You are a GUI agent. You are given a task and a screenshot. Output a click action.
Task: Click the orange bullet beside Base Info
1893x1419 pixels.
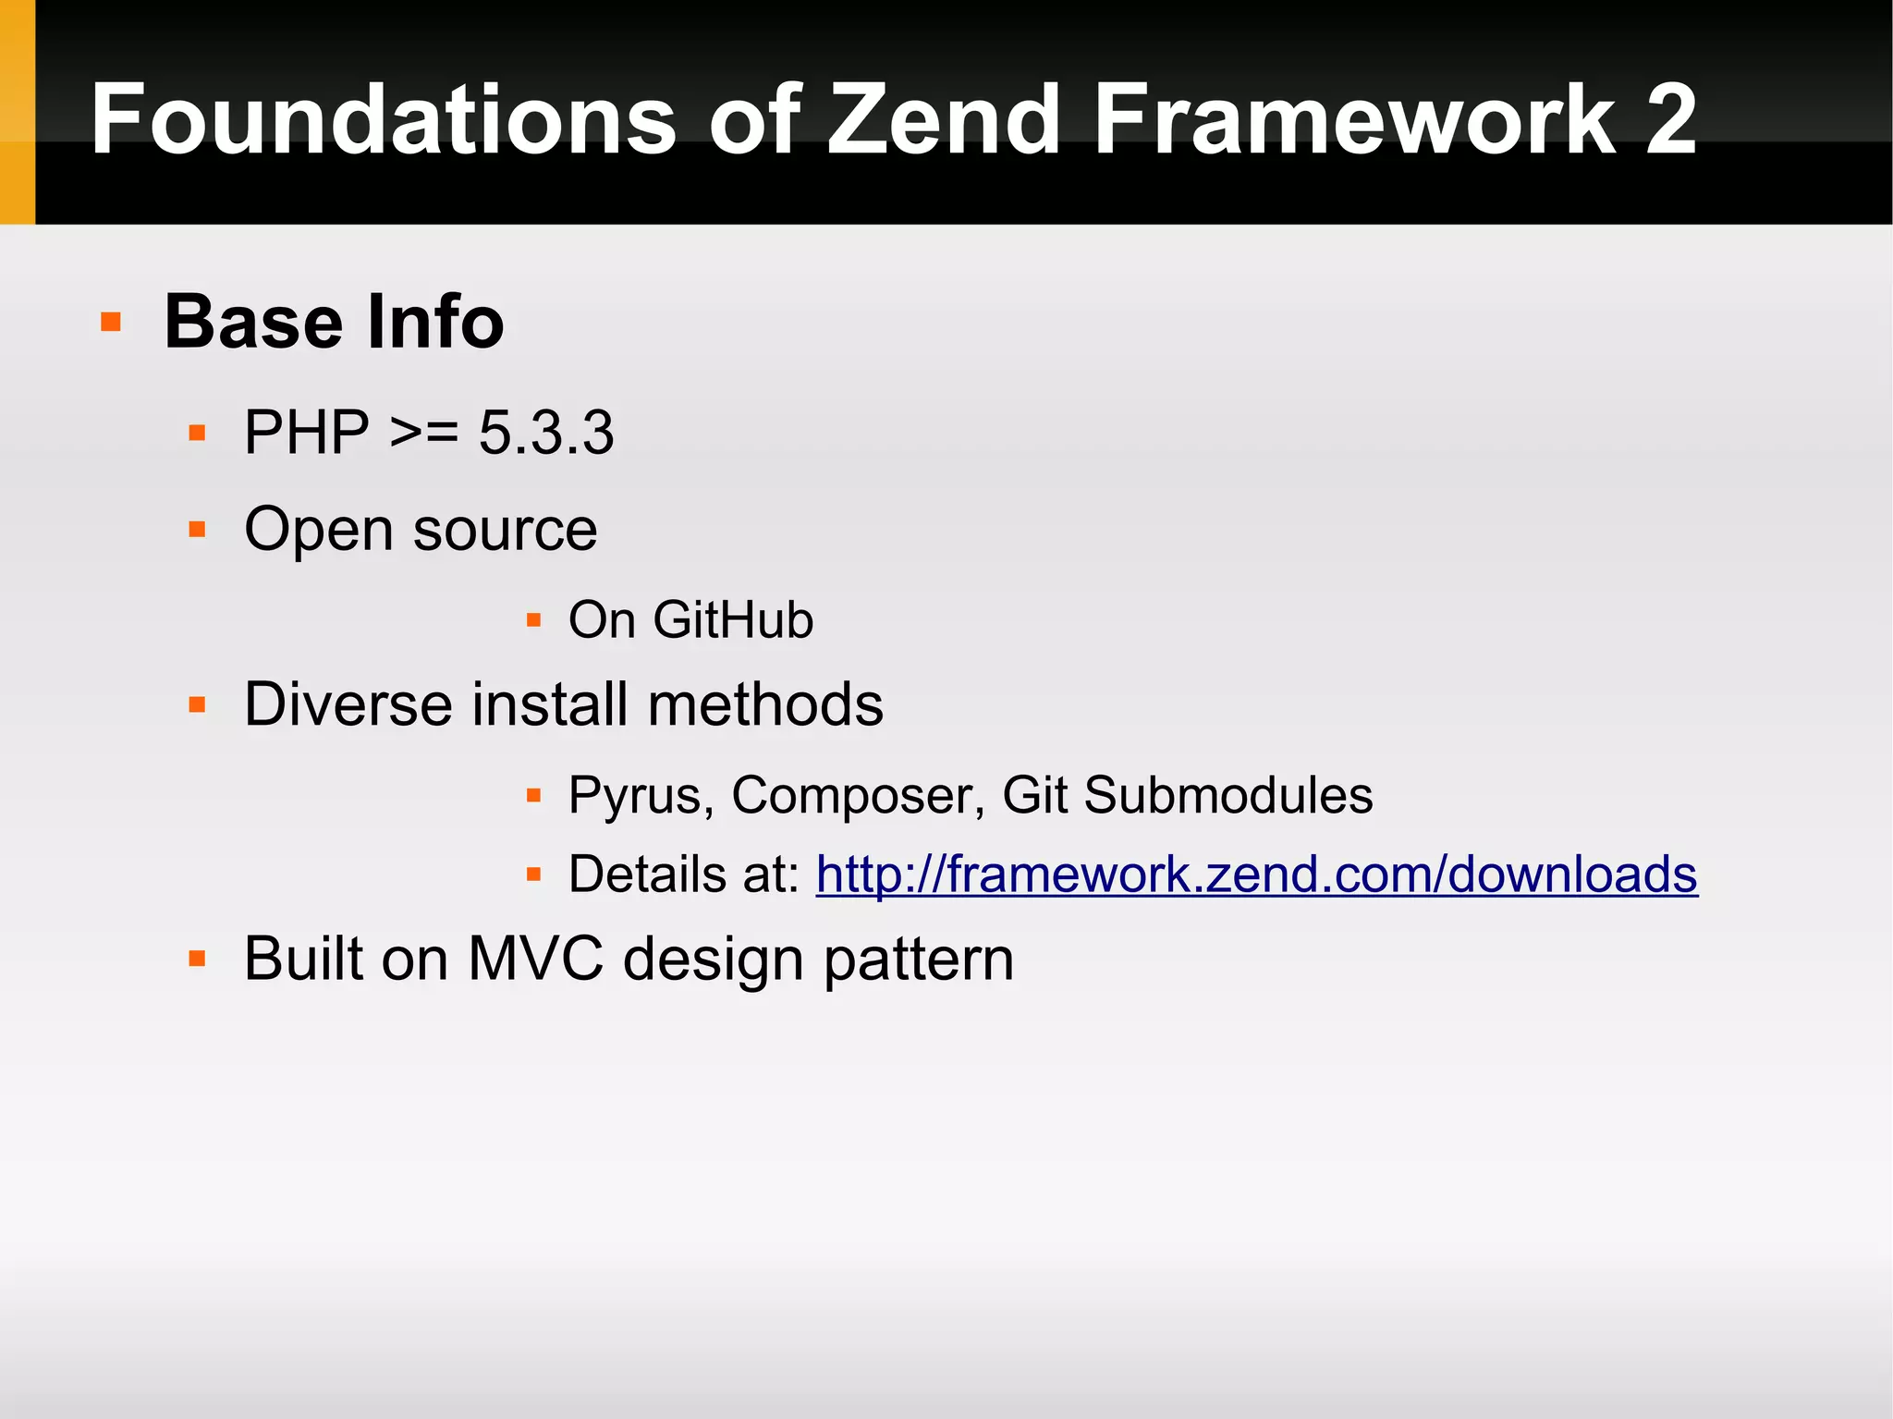pos(111,322)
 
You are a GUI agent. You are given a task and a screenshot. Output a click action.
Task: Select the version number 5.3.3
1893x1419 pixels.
pos(545,432)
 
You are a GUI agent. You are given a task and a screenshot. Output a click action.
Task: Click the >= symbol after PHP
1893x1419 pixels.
pos(424,432)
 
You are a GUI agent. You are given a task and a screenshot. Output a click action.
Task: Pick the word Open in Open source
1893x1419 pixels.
pos(319,531)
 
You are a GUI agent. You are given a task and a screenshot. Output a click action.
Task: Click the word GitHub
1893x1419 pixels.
pos(733,619)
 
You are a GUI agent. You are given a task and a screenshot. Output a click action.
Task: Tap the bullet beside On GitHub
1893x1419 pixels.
pos(533,619)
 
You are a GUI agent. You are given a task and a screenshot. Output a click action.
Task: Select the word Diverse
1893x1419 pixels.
pos(348,704)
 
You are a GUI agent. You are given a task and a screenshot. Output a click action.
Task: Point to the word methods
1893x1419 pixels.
pos(765,704)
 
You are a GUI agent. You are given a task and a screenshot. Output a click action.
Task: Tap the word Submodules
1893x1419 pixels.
pos(1227,795)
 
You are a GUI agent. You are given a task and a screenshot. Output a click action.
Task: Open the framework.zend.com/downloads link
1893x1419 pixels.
pos(1256,875)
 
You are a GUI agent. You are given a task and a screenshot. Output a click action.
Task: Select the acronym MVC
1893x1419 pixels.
pos(535,959)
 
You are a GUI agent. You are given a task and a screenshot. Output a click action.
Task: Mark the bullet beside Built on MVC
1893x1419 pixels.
pos(197,959)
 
